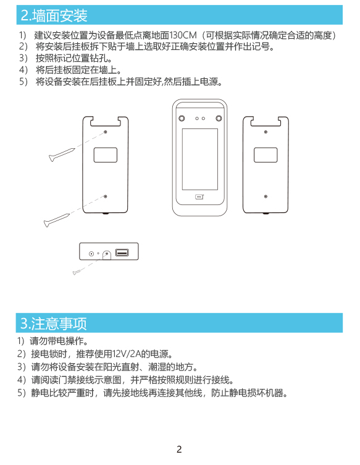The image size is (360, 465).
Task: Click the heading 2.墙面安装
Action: click(x=54, y=15)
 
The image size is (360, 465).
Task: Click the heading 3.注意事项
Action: click(x=53, y=323)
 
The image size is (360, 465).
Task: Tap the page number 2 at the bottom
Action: click(x=179, y=450)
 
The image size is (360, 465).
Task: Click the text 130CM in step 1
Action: click(x=183, y=36)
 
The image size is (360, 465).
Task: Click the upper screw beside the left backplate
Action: click(x=62, y=154)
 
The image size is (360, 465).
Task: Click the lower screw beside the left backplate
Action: click(x=57, y=220)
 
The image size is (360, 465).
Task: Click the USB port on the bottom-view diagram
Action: click(x=122, y=253)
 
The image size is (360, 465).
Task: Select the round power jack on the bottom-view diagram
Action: click(x=91, y=254)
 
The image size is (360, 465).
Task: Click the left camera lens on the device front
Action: click(x=182, y=119)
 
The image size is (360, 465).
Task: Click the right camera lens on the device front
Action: click(x=219, y=119)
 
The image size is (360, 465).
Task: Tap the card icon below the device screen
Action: click(x=199, y=196)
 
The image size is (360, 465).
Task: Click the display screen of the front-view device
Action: click(x=200, y=159)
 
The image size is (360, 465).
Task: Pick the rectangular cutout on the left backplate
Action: click(x=105, y=155)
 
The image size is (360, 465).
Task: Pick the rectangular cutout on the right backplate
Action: click(x=266, y=155)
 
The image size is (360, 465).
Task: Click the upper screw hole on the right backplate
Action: click(x=266, y=132)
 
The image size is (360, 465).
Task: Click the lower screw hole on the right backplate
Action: click(x=266, y=196)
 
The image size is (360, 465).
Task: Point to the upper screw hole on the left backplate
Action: click(x=105, y=132)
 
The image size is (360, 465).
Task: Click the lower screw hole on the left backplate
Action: click(x=105, y=196)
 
